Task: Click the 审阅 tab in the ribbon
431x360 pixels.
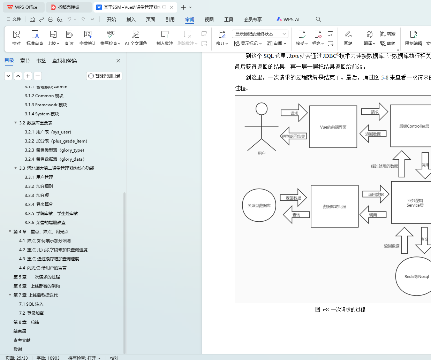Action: point(190,20)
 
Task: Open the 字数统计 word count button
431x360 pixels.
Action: point(88,38)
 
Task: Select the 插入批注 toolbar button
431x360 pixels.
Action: point(165,38)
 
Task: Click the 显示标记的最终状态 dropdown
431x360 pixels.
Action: point(260,34)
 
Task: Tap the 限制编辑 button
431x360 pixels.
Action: point(413,38)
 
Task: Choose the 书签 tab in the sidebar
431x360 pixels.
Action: point(41,61)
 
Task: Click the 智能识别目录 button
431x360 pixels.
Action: point(104,76)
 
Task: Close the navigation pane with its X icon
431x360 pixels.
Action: point(118,61)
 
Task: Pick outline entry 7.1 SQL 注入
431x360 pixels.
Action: point(31,304)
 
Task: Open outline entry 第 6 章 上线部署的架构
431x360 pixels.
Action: point(37,286)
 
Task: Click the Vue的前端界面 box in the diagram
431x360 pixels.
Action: point(333,127)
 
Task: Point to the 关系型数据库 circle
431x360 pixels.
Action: point(259,205)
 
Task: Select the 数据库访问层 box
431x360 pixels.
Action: point(334,206)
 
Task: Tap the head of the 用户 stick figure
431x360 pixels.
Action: point(262,109)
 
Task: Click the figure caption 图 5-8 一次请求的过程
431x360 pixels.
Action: point(340,309)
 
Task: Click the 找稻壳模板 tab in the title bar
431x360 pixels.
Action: point(68,7)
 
